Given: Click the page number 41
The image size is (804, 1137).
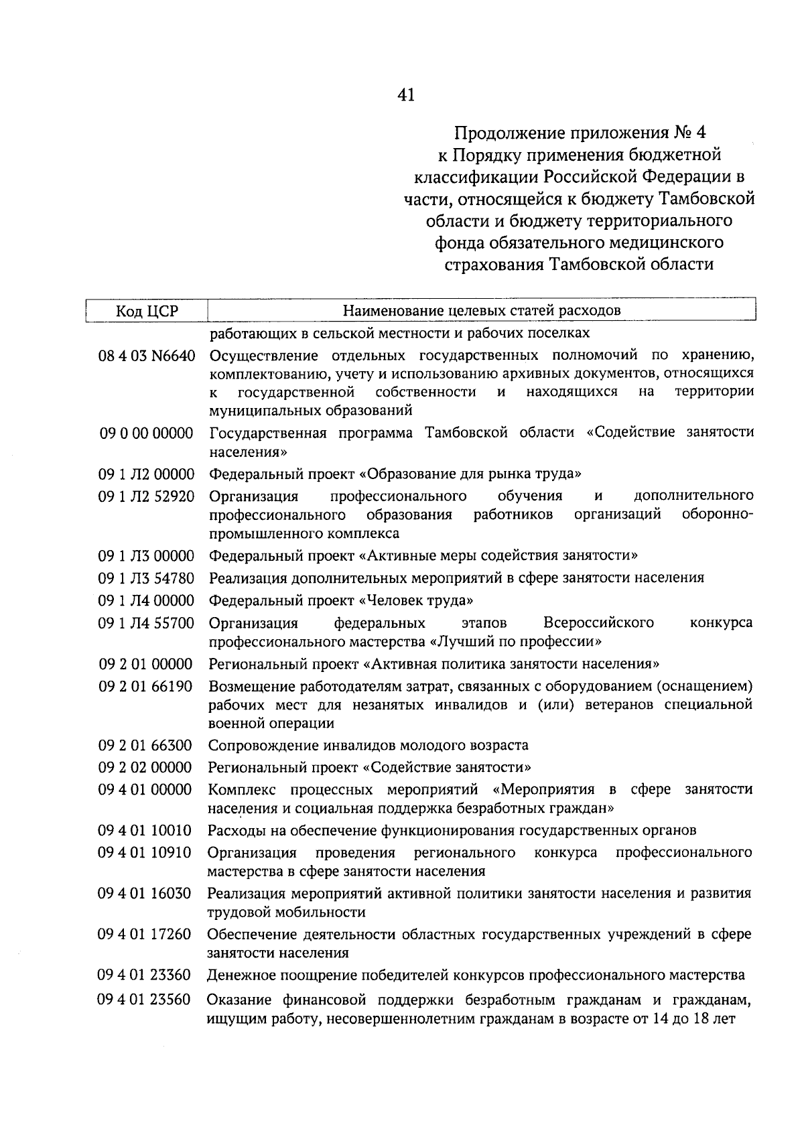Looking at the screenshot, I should point(406,95).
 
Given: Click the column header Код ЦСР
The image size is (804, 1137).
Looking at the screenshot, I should point(147,311).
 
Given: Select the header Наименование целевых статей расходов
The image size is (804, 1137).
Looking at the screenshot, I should point(481,310).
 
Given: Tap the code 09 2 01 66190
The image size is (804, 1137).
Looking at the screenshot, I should point(145,687).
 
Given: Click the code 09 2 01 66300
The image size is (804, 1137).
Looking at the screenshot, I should point(145,746).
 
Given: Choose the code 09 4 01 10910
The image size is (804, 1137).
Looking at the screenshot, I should point(145,853).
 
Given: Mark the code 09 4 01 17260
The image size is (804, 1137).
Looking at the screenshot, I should point(145,935).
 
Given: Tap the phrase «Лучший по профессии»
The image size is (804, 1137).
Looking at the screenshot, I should point(515,642).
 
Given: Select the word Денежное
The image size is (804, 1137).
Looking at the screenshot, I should point(239,975).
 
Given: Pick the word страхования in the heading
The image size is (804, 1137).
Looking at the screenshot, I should point(493,265).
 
